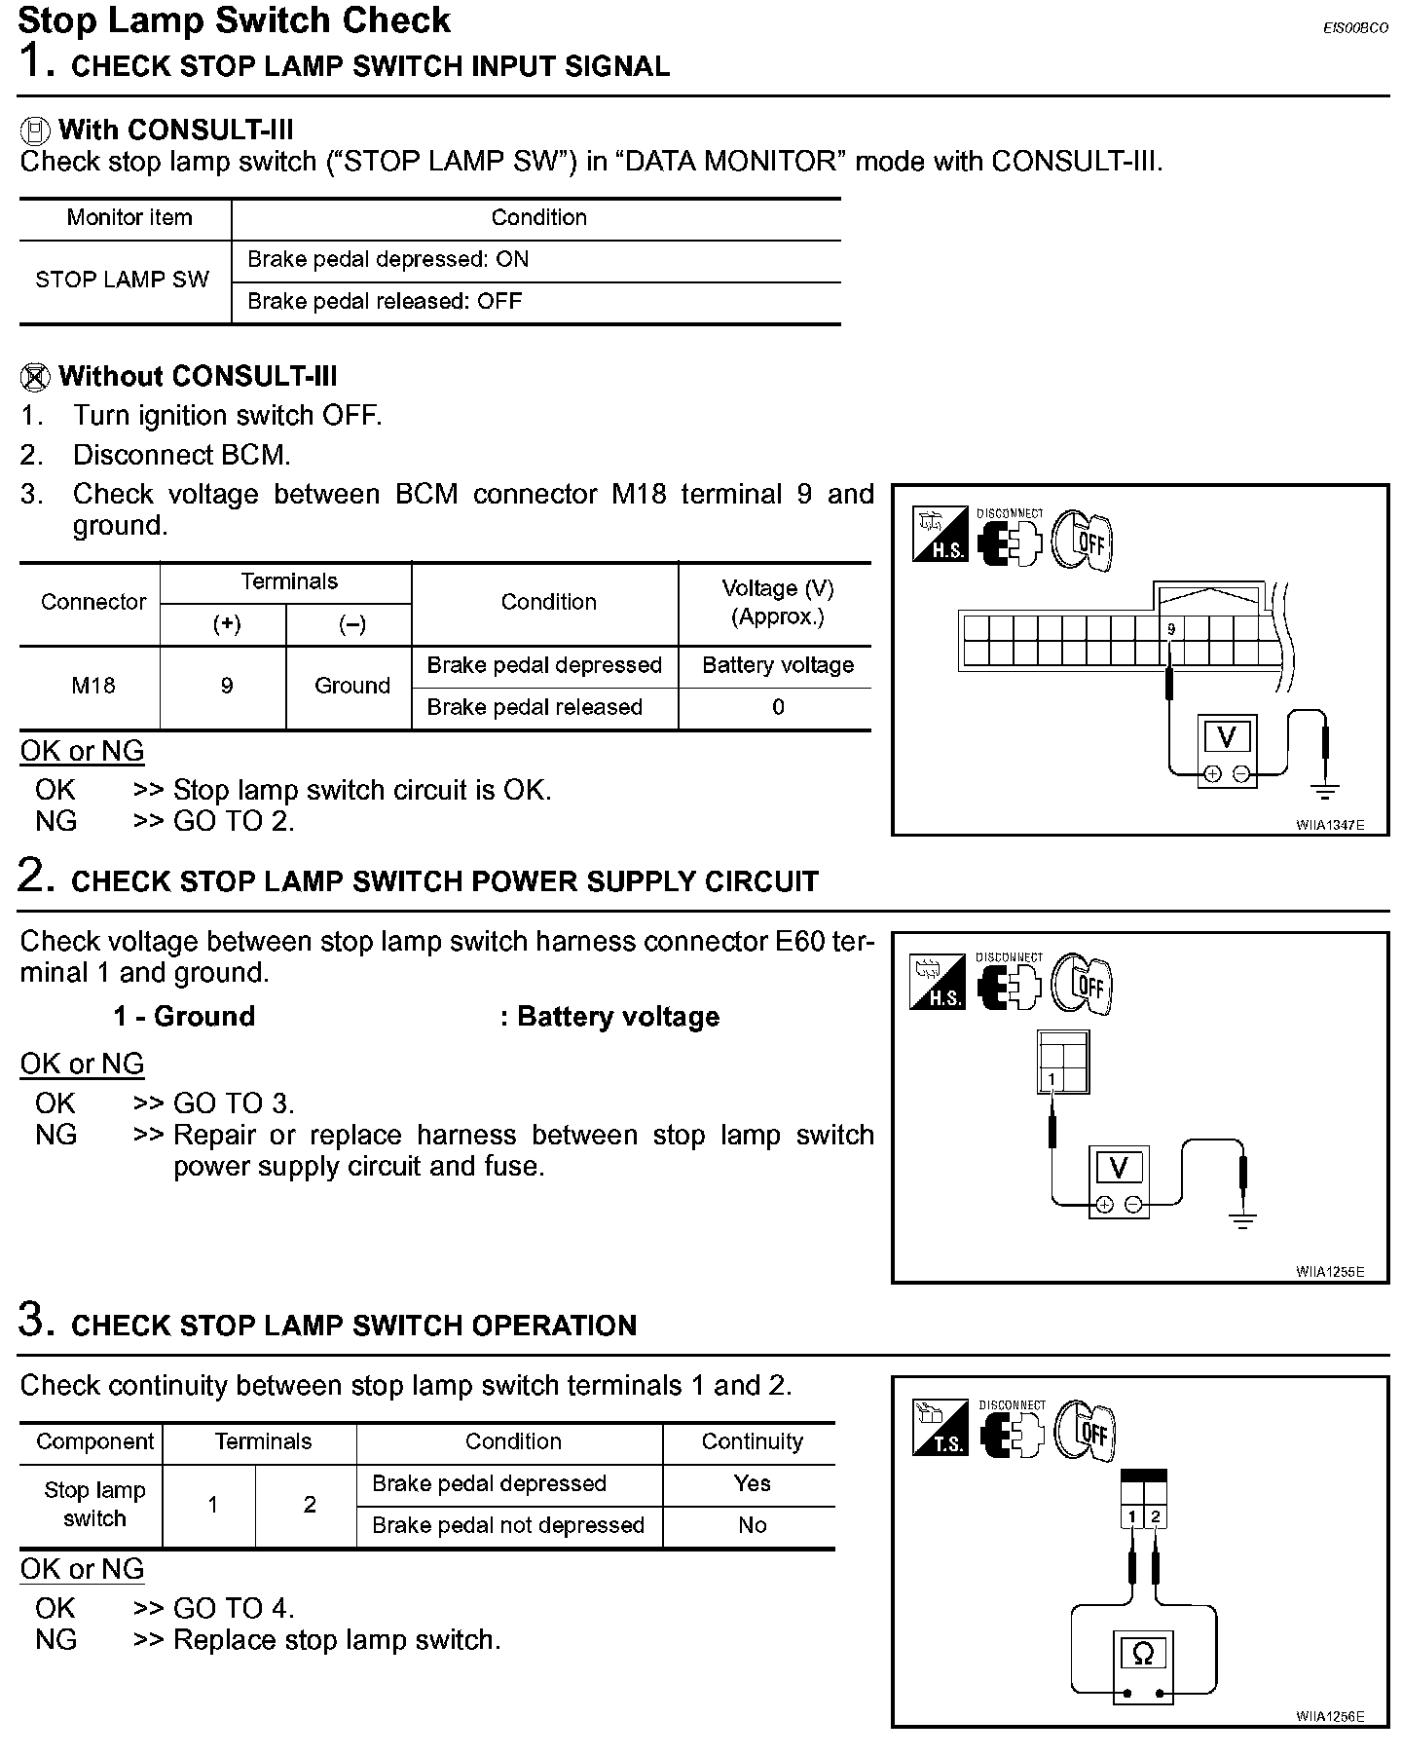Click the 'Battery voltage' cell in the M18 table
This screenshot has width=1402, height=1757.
[x=777, y=665]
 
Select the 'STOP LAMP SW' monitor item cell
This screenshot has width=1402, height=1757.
[x=123, y=280]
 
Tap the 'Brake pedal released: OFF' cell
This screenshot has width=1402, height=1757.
[x=385, y=301]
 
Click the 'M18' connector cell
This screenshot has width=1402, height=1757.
[x=92, y=686]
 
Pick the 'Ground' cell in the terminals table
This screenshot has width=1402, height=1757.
[x=351, y=686]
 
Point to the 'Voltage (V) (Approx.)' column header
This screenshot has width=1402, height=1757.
[x=777, y=602]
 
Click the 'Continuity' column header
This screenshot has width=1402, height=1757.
[x=752, y=1441]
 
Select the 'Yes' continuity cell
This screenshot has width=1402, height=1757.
[x=752, y=1483]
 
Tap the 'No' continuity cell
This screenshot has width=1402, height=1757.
[x=752, y=1525]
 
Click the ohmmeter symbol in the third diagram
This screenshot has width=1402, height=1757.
[x=1143, y=1654]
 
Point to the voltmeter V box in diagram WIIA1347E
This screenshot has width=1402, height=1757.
[x=1227, y=738]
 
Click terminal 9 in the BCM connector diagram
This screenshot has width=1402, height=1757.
[x=1171, y=629]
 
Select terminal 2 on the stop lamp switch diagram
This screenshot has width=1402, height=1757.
[x=1156, y=1516]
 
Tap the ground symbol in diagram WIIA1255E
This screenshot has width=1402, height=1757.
[x=1243, y=1219]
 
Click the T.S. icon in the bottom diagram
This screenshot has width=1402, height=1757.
[x=940, y=1428]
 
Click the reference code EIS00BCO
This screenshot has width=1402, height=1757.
[x=1355, y=28]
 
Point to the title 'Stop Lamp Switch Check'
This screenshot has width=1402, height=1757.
[x=234, y=20]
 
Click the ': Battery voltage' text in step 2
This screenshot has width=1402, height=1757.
[x=609, y=1017]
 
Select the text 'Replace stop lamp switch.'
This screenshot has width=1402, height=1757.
[x=337, y=1640]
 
